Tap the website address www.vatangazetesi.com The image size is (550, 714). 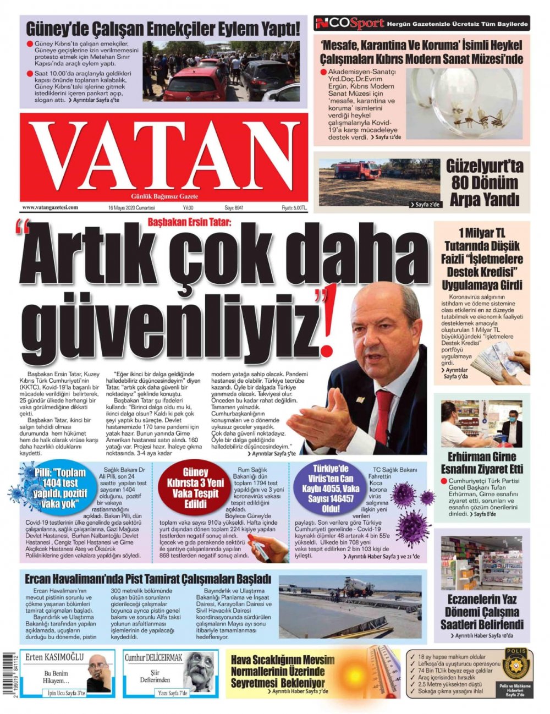click(x=50, y=208)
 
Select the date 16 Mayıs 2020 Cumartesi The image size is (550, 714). click(x=132, y=208)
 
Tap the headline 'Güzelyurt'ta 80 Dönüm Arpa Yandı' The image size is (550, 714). click(x=484, y=183)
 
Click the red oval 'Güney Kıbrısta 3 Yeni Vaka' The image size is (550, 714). click(x=195, y=488)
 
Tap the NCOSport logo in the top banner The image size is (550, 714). click(x=349, y=23)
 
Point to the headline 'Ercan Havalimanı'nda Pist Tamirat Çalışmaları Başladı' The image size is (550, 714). click(x=148, y=579)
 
